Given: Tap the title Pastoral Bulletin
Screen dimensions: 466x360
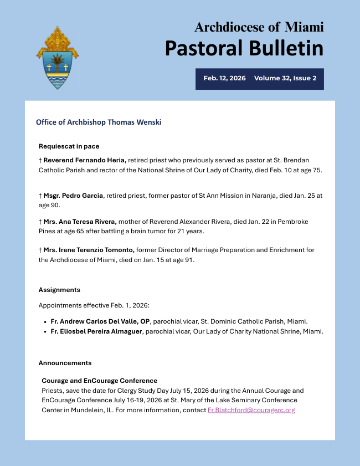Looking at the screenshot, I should [244, 48].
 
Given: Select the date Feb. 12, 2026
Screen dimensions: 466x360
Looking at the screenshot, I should [224, 78].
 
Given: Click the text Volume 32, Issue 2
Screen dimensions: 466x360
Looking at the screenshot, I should [285, 78].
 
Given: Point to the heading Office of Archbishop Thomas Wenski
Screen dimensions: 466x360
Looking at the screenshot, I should [99, 122].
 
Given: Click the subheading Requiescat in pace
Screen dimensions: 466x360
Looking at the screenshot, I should [69, 146].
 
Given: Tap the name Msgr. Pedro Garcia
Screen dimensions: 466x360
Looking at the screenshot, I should [74, 196].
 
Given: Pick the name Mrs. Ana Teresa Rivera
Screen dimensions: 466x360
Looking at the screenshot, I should [80, 221].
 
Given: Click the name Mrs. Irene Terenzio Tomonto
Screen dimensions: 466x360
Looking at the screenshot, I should [89, 250].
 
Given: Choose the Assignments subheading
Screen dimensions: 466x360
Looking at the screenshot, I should [59, 290].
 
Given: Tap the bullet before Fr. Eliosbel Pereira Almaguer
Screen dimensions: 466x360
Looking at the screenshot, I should [45, 331].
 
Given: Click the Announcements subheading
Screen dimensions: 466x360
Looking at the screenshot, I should [65, 363].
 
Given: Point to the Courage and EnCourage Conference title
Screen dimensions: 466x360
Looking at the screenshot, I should [100, 381].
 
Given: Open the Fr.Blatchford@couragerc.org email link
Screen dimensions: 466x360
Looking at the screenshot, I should [251, 410].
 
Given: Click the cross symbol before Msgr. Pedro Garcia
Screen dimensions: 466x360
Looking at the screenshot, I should [40, 196].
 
